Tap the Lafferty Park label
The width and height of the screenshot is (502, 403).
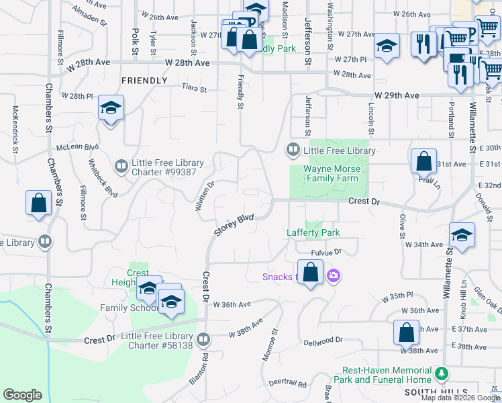pyautogui.click(x=313, y=232)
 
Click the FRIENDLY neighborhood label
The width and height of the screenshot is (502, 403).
pyautogui.click(x=144, y=81)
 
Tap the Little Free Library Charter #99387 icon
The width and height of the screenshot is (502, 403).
pyautogui.click(x=121, y=166)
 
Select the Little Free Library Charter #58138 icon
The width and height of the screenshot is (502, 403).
pyautogui.click(x=203, y=339)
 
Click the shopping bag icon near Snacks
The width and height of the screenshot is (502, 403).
pyautogui.click(x=310, y=273)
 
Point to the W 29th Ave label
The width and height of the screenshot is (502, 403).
pyautogui.click(x=397, y=96)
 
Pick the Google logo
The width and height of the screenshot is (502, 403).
pyautogui.click(x=23, y=395)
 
